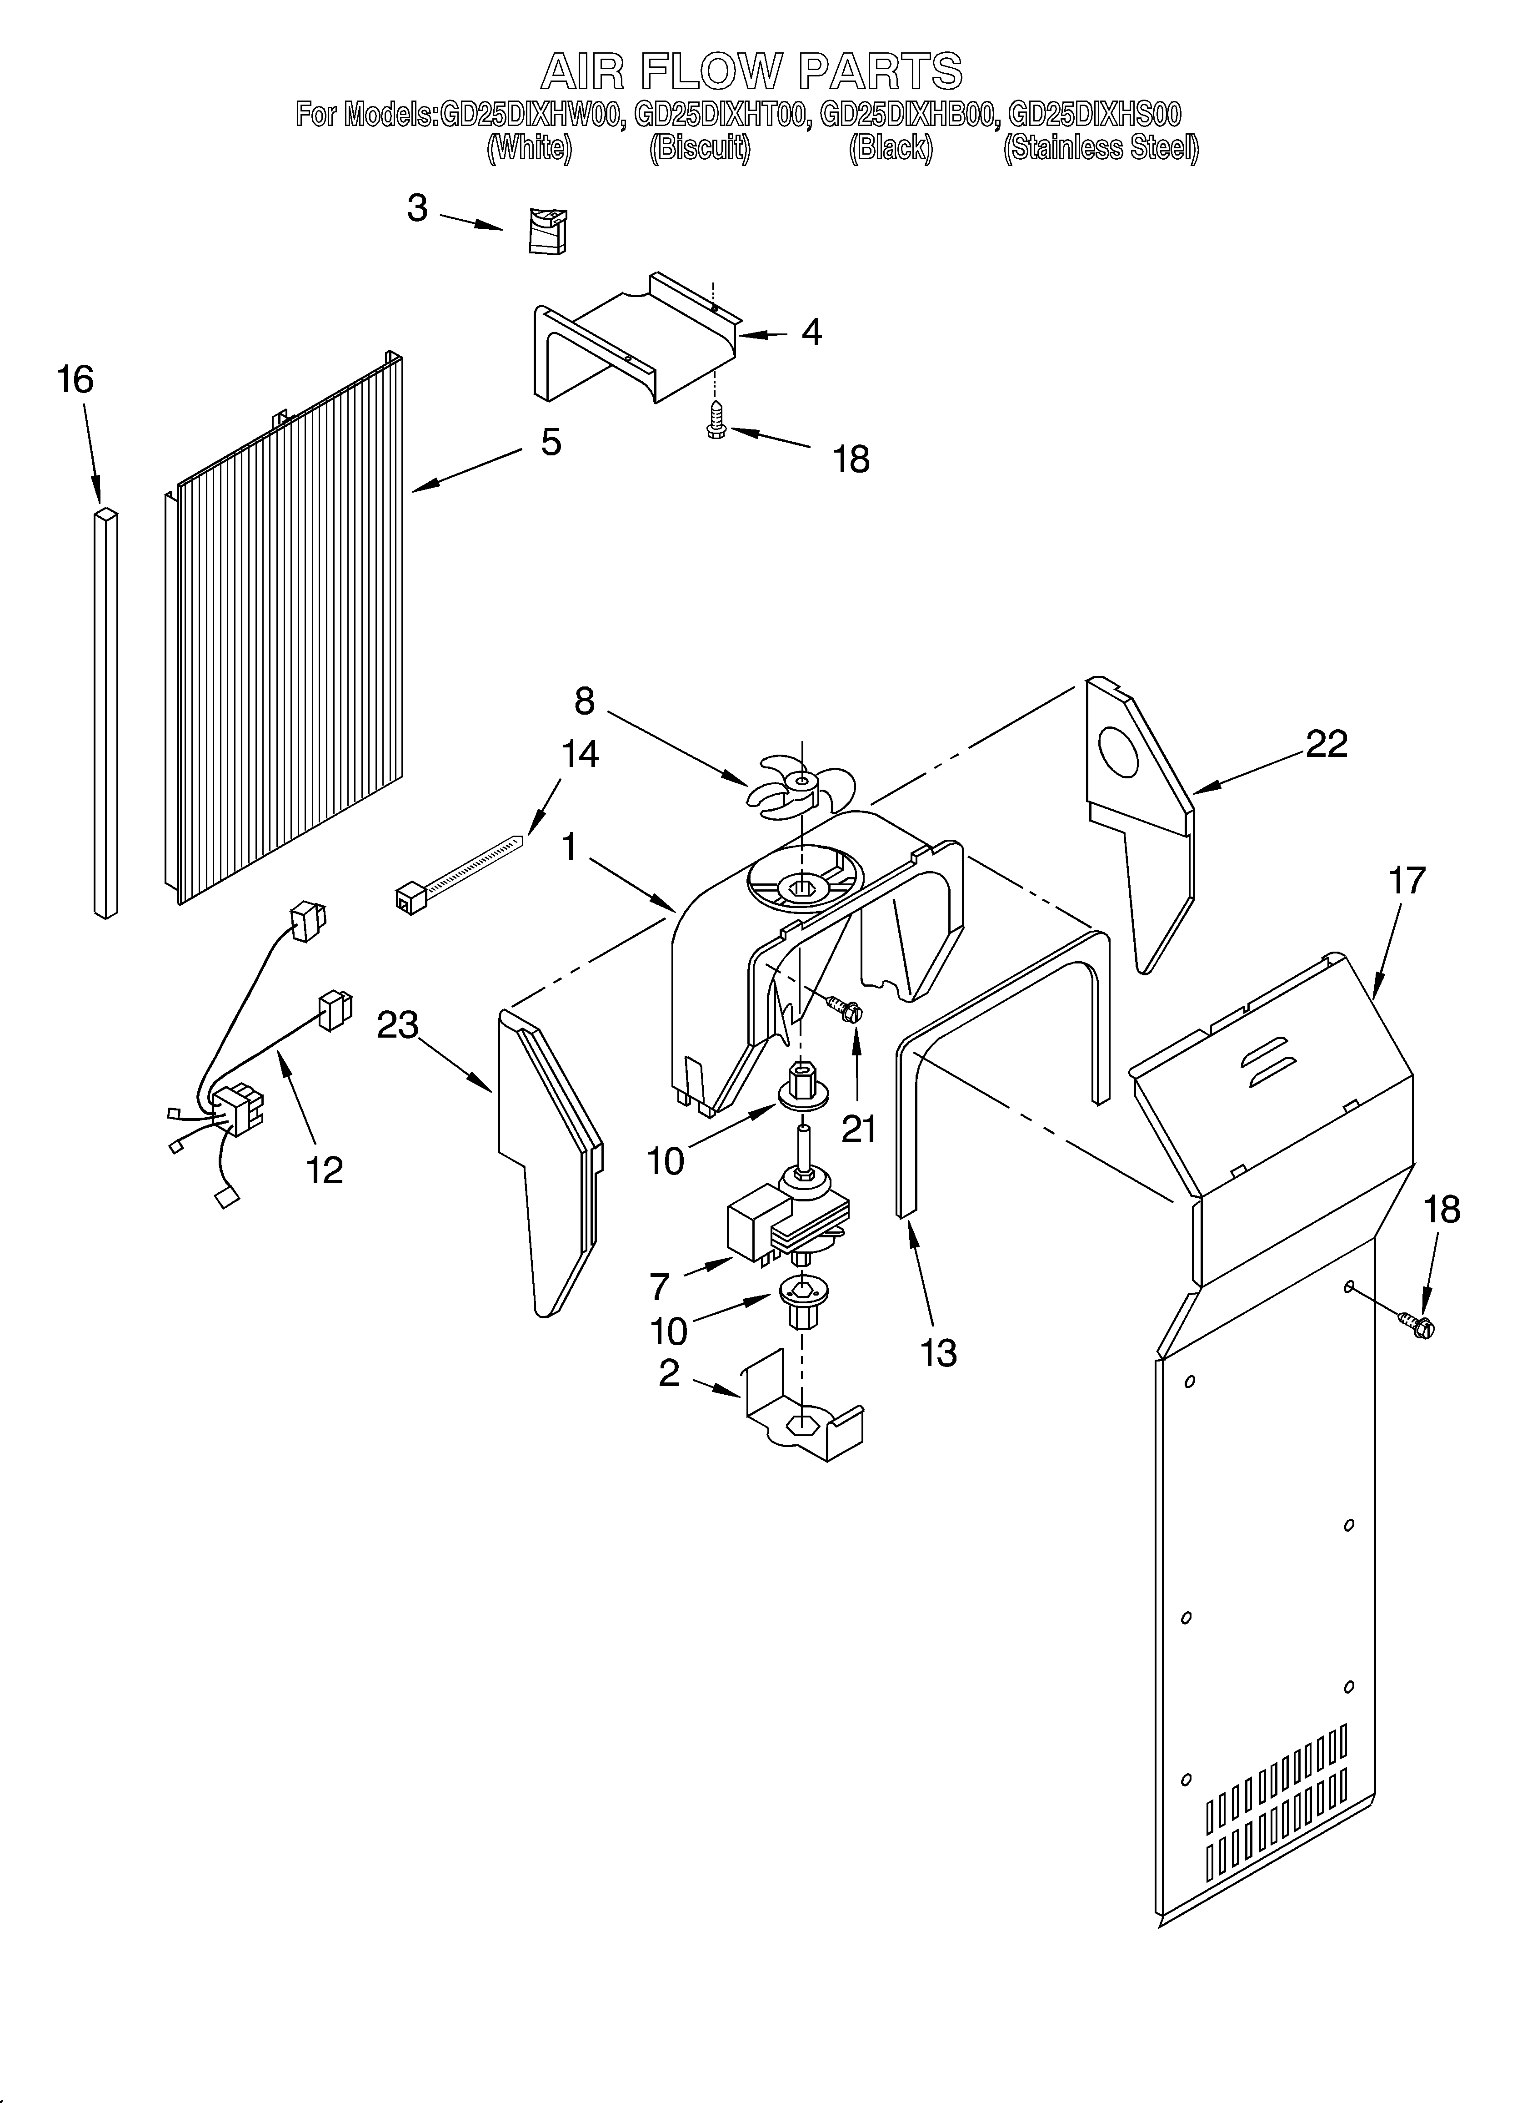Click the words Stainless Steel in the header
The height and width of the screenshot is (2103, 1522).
click(x=1101, y=148)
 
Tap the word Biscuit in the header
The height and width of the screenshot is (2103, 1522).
click(x=700, y=148)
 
